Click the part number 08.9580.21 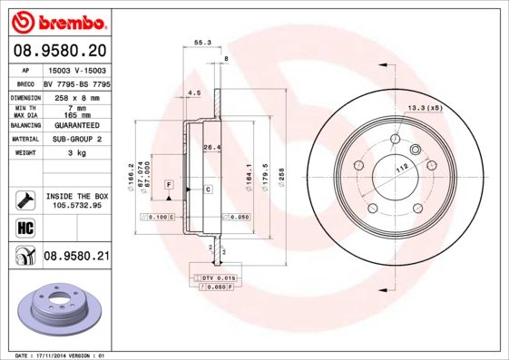click(x=77, y=258)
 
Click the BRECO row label click(x=26, y=83)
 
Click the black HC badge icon click(x=25, y=227)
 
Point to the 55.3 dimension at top click(x=202, y=42)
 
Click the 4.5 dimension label click(x=193, y=92)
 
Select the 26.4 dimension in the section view click(x=211, y=146)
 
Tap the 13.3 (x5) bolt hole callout click(x=425, y=108)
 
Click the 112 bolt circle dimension click(x=398, y=168)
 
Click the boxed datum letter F click(x=169, y=184)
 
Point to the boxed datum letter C click(x=208, y=189)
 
